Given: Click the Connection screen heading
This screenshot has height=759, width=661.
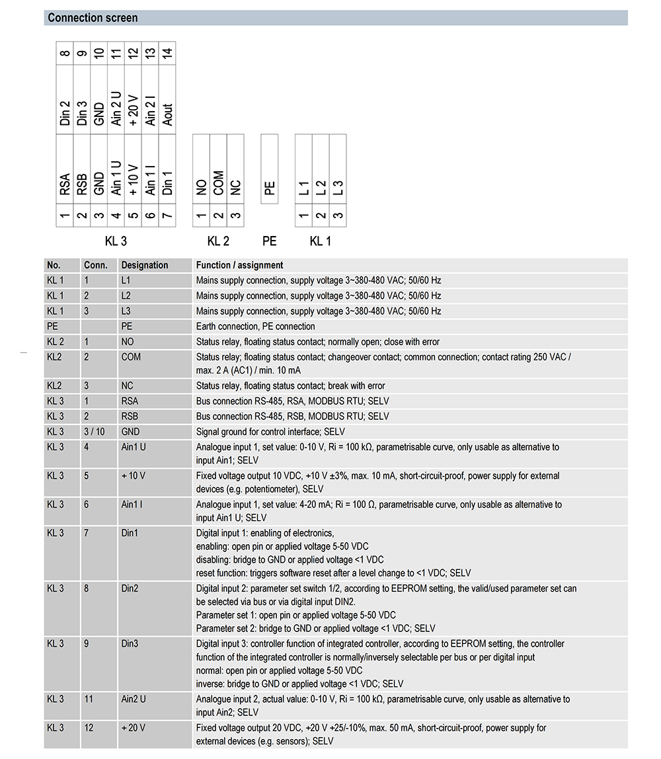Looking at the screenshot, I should [93, 18].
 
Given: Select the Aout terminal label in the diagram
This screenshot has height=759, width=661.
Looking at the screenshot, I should [167, 114].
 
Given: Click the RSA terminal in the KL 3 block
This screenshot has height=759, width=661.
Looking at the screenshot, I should [64, 184].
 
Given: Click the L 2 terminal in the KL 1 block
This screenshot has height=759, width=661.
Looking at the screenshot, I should [321, 187].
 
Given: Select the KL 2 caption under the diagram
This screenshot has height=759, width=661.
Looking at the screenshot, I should [218, 241].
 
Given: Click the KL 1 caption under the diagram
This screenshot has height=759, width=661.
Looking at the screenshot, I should [320, 241].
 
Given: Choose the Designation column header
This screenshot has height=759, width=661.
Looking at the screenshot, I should [145, 265].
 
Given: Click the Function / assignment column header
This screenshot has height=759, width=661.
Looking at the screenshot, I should [240, 265].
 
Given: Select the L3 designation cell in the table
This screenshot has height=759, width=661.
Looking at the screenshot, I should [127, 311].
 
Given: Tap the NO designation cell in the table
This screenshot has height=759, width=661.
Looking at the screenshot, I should [128, 342].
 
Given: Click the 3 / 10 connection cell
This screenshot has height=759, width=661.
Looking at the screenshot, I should [94, 432].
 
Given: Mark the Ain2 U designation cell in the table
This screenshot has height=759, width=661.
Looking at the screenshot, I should [134, 699].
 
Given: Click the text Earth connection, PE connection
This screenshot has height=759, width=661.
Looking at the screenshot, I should [256, 326].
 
